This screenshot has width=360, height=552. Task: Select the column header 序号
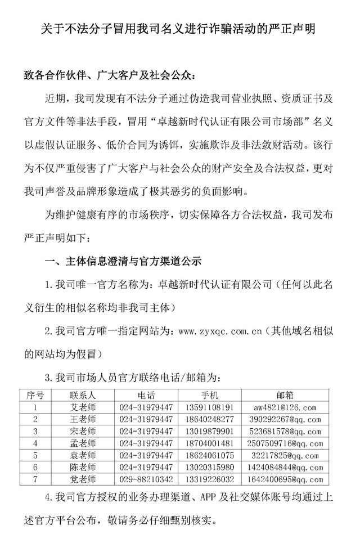coord(35,395)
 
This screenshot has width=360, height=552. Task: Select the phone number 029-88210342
coord(147,479)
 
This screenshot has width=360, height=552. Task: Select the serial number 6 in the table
coord(35,467)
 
